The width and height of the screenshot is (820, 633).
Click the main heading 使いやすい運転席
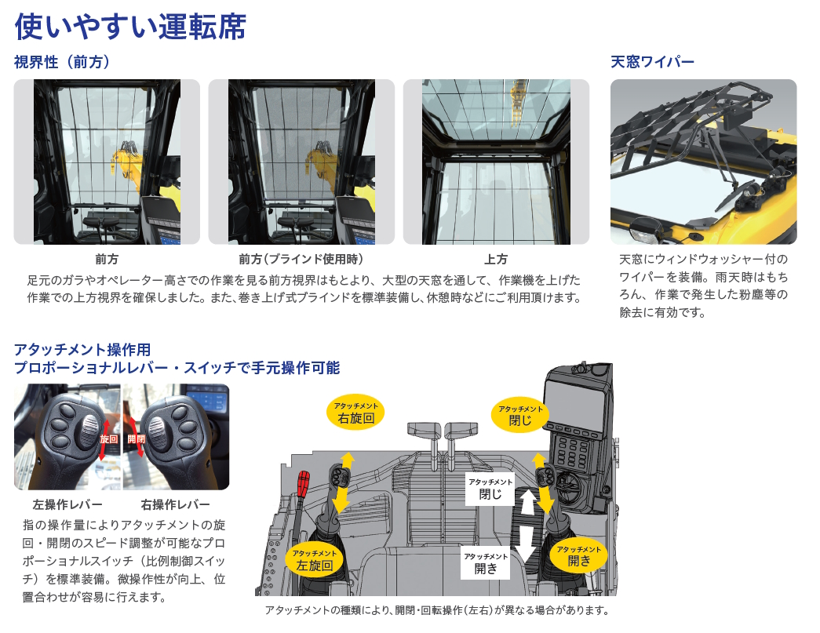pyautogui.click(x=130, y=25)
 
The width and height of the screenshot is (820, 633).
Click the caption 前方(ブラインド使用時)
pyautogui.click(x=301, y=259)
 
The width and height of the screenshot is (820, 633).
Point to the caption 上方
pyautogui.click(x=496, y=259)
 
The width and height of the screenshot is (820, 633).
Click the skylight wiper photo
pyautogui.click(x=703, y=162)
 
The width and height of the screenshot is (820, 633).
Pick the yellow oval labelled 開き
pyautogui.click(x=579, y=555)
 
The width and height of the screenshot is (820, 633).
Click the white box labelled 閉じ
pyautogui.click(x=490, y=489)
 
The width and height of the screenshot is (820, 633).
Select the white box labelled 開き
pyautogui.click(x=486, y=563)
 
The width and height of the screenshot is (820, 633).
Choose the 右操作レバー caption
pyautogui.click(x=176, y=504)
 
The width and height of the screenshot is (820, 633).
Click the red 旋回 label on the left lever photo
pyautogui.click(x=108, y=439)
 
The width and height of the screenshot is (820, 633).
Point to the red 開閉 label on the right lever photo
pyautogui.click(x=136, y=439)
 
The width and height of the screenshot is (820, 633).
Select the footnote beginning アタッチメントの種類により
pyautogui.click(x=436, y=611)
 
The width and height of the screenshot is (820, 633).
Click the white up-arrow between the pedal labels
pyautogui.click(x=527, y=500)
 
